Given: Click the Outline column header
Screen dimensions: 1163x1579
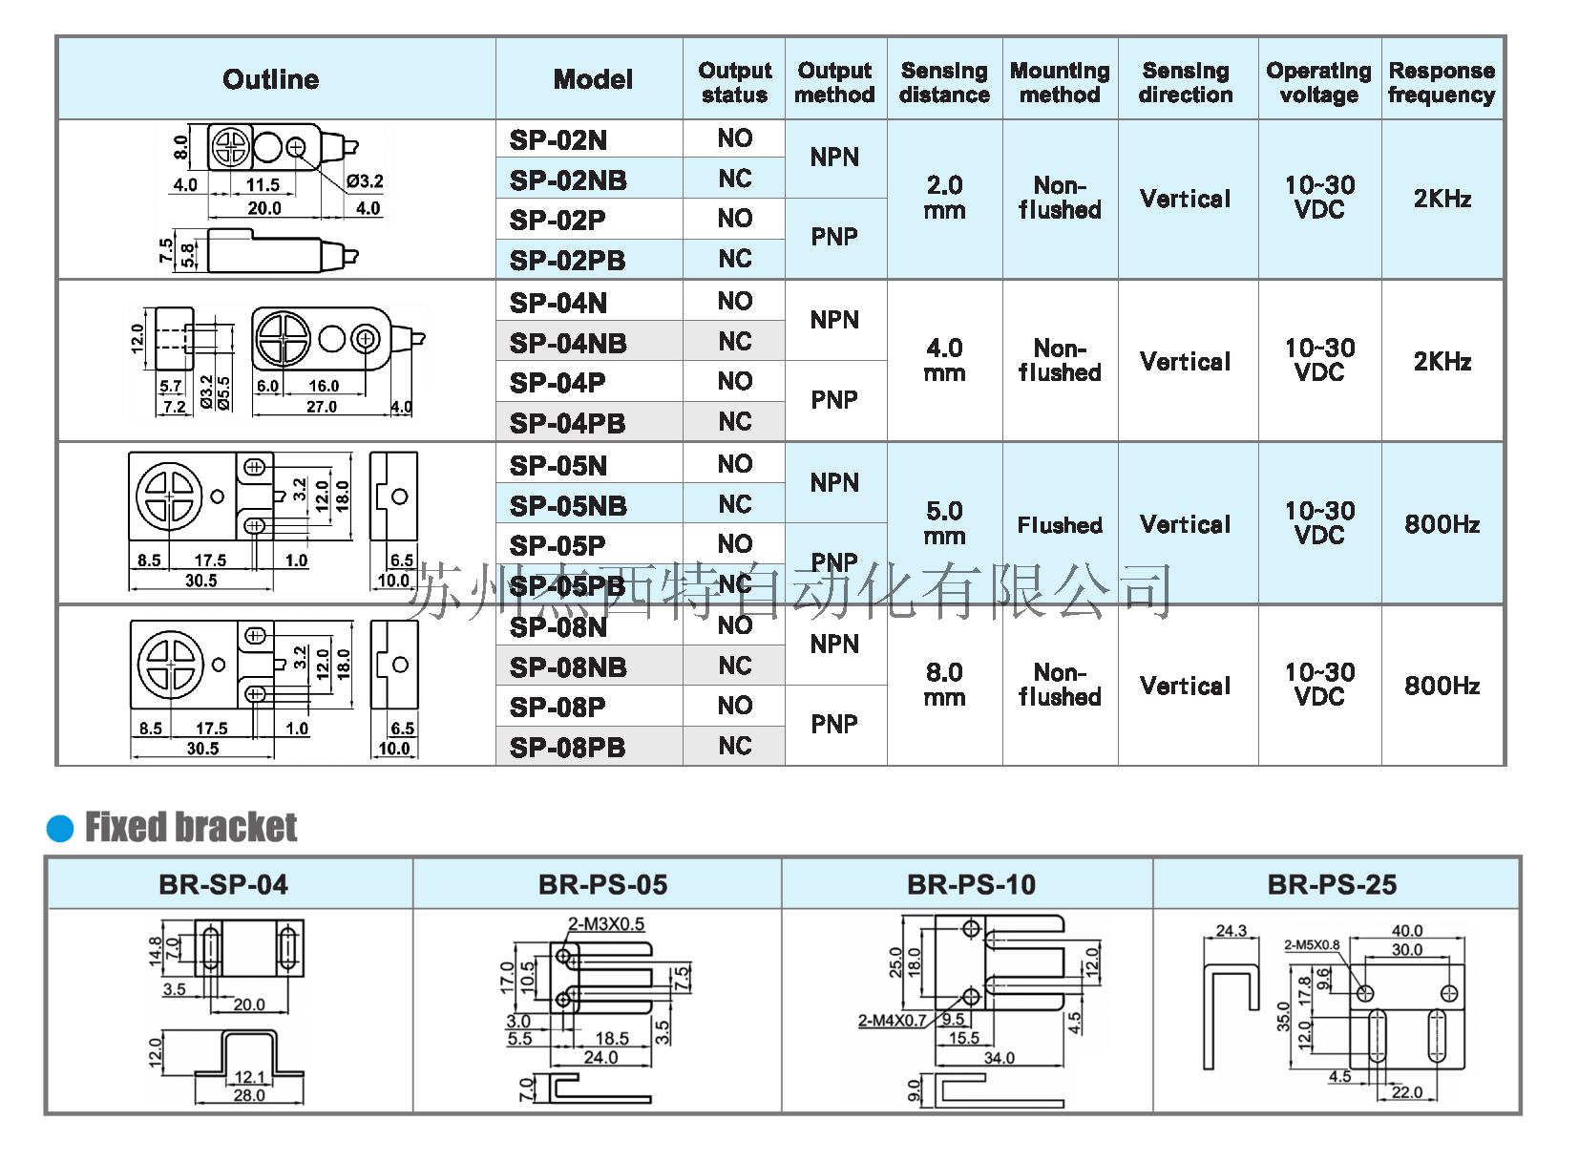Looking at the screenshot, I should (271, 79).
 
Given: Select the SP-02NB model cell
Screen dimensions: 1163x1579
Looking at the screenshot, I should (568, 180).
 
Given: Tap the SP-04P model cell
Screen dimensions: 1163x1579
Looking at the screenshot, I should (558, 383).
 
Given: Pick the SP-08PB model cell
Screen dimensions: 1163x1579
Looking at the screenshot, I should (568, 748).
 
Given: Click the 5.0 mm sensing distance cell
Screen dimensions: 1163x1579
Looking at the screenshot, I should (944, 523).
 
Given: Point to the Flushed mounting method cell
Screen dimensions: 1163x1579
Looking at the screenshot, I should (1060, 525).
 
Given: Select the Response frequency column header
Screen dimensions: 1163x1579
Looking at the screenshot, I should (1442, 82).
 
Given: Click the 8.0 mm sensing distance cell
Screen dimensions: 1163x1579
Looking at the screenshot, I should (944, 685).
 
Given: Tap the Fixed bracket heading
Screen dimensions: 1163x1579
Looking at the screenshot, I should (191, 827).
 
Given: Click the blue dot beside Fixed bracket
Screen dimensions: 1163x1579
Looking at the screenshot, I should (60, 828).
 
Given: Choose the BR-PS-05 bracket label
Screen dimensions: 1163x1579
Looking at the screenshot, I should (602, 885).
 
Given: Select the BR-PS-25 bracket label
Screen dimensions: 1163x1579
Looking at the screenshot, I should (1332, 885).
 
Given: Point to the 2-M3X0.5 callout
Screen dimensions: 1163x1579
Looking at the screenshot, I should (606, 923).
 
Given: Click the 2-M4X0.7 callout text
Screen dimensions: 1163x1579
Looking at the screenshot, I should (892, 1020).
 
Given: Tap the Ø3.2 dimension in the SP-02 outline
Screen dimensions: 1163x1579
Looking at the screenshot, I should (365, 180).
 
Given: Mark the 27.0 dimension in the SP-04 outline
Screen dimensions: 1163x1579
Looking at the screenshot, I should (322, 407).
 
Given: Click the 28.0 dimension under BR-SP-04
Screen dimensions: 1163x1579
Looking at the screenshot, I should (249, 1095).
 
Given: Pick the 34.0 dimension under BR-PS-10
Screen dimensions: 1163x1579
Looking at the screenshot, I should (999, 1058).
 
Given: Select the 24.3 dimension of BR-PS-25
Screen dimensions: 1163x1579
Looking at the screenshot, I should (1232, 930).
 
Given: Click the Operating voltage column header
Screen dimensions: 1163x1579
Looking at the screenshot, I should (1318, 82).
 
